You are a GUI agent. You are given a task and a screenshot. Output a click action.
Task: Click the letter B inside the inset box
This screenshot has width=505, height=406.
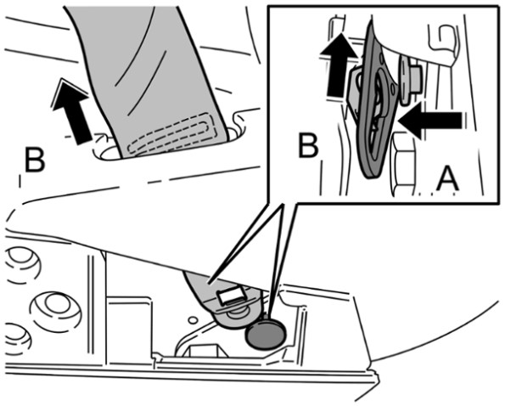[308, 145]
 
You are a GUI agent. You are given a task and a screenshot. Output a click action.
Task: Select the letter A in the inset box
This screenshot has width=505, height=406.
[447, 178]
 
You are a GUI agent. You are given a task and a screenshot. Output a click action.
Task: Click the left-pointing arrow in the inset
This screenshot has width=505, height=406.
[430, 121]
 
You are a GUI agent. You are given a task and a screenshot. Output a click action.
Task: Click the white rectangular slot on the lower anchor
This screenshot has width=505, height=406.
[231, 296]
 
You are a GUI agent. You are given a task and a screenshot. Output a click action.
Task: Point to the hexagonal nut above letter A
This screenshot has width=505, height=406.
[402, 164]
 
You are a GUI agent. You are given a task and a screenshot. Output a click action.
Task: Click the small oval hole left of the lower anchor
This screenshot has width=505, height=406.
[193, 320]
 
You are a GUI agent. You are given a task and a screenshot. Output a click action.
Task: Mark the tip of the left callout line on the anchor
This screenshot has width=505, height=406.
[210, 284]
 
